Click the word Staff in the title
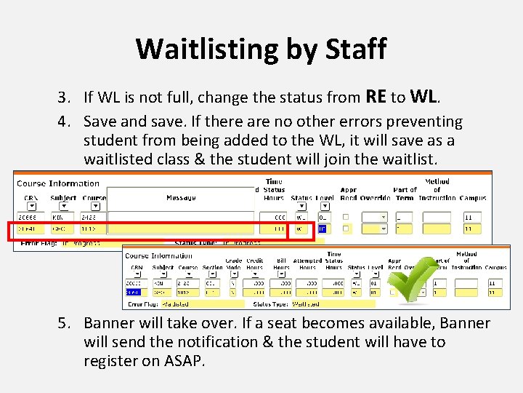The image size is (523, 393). (x=353, y=49)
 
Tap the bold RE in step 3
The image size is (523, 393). (x=376, y=97)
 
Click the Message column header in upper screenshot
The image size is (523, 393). (x=181, y=198)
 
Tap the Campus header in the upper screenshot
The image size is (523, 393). (x=473, y=198)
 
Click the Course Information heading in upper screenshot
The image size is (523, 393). (x=58, y=183)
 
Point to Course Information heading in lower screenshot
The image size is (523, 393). (x=158, y=255)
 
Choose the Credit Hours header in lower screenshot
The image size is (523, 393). (x=254, y=264)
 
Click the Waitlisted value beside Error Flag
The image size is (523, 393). (x=175, y=304)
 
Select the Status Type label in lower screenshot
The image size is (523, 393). (x=269, y=304)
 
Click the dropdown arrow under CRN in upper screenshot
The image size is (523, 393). (x=31, y=207)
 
